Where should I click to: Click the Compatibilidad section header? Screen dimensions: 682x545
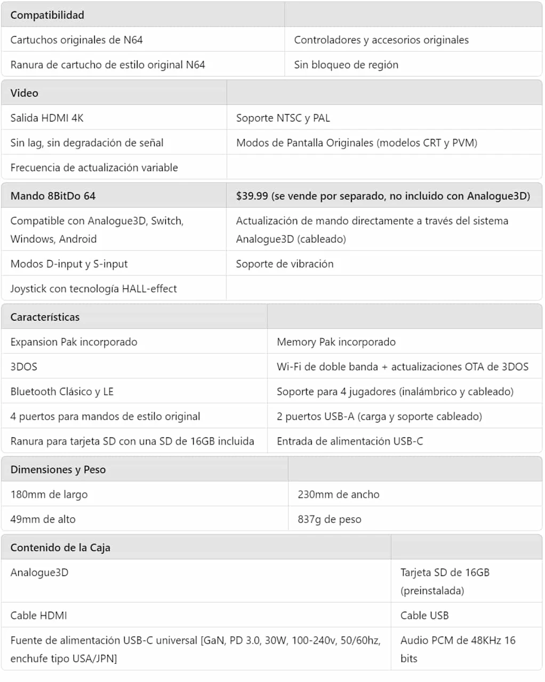point(47,15)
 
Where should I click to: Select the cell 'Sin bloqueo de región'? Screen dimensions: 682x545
point(346,64)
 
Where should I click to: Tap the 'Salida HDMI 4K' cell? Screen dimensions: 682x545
point(47,118)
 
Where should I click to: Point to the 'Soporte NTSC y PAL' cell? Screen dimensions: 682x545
point(283,118)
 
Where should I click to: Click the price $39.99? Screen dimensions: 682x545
point(252,196)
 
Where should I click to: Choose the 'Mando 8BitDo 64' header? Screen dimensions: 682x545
point(53,196)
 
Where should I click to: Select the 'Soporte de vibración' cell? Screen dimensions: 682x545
point(285,264)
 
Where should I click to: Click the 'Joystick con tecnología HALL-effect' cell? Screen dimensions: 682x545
point(94,288)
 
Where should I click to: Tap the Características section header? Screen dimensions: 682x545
point(45,317)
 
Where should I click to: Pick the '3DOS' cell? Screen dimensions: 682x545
point(24,367)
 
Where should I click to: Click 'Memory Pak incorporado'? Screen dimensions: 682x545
point(336,342)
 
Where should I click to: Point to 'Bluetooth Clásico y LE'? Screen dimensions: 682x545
point(62,391)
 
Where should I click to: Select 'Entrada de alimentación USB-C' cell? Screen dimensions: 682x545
point(350,441)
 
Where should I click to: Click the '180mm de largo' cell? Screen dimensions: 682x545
point(49,494)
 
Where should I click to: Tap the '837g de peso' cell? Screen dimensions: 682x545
point(330,519)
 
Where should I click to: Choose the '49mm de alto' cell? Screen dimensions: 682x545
point(43,519)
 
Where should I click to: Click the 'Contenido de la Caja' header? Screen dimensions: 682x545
point(60,547)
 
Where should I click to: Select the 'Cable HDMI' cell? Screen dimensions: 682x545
point(39,615)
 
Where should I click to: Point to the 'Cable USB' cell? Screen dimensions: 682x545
point(424,615)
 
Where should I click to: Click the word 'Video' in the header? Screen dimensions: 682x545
point(25,93)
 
